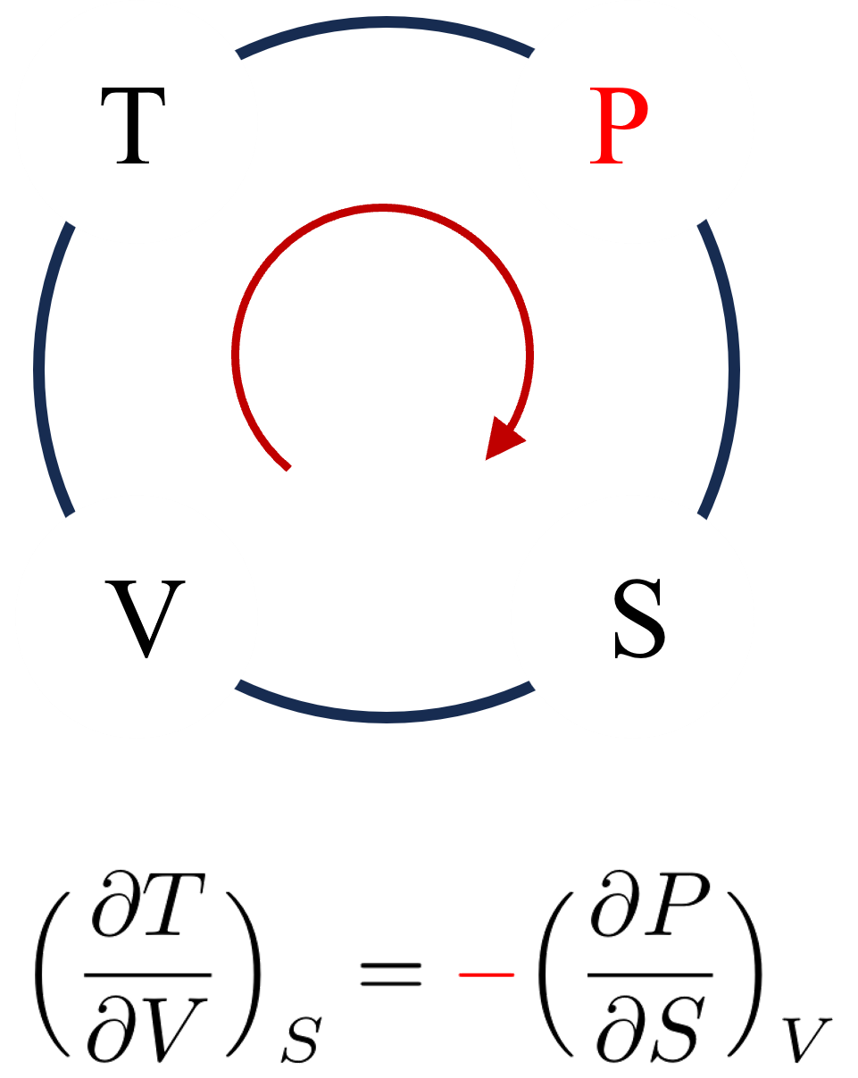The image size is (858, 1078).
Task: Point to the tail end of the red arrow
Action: [287, 466]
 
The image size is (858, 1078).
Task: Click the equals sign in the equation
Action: [390, 974]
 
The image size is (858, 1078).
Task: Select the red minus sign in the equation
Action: [486, 974]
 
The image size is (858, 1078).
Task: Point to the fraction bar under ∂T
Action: [146, 976]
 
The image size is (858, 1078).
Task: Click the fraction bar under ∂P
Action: [649, 976]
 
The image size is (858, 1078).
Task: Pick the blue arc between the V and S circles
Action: [384, 714]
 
